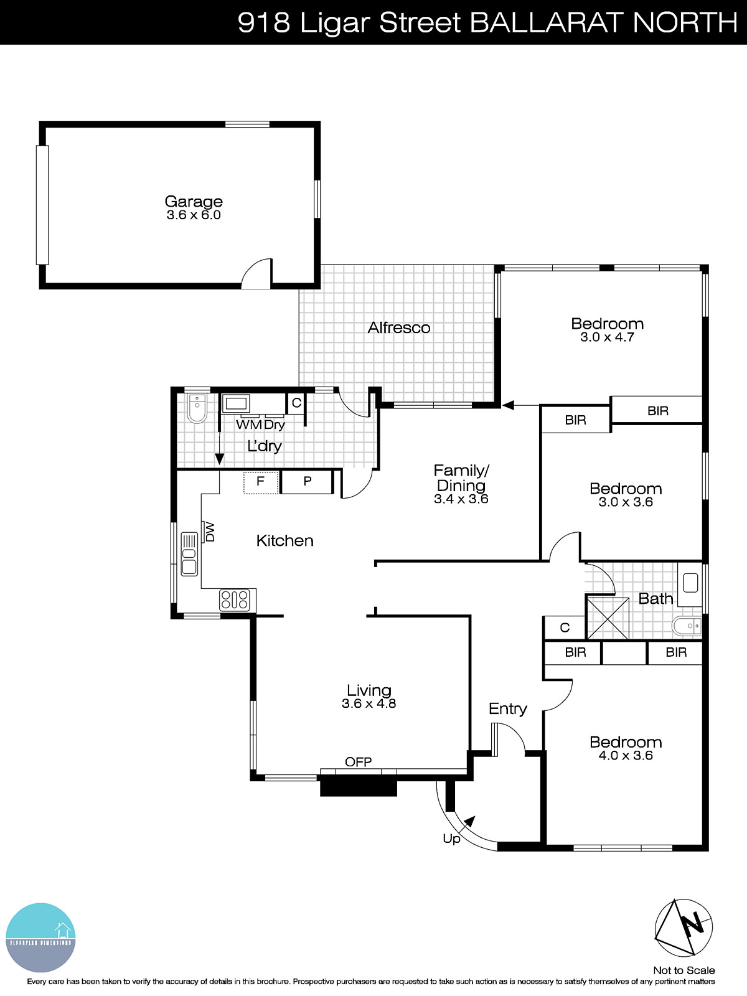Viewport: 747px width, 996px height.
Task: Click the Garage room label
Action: click(x=194, y=201)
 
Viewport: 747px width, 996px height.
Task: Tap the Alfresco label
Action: click(x=399, y=327)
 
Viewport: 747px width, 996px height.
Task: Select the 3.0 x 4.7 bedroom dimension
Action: click(x=607, y=337)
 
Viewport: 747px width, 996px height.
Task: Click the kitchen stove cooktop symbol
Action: click(x=235, y=600)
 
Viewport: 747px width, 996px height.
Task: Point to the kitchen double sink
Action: click(x=189, y=553)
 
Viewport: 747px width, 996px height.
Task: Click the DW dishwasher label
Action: click(x=210, y=532)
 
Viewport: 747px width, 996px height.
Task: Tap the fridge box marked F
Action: click(x=261, y=481)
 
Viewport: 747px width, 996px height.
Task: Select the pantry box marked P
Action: click(x=308, y=481)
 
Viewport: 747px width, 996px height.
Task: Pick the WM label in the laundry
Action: click(x=248, y=425)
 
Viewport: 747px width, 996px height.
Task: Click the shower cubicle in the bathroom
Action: click(x=608, y=617)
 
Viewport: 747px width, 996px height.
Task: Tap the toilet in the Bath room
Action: click(x=687, y=626)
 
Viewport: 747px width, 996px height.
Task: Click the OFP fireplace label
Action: click(x=359, y=762)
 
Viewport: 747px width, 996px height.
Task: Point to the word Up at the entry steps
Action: click(x=452, y=839)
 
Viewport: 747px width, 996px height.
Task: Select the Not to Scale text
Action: click(x=684, y=970)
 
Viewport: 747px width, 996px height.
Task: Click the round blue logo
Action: click(x=40, y=937)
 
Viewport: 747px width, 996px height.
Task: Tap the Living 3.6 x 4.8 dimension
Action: click(x=369, y=704)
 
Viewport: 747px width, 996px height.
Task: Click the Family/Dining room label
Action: click(x=461, y=477)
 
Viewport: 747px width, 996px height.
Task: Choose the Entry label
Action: click(x=508, y=708)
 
